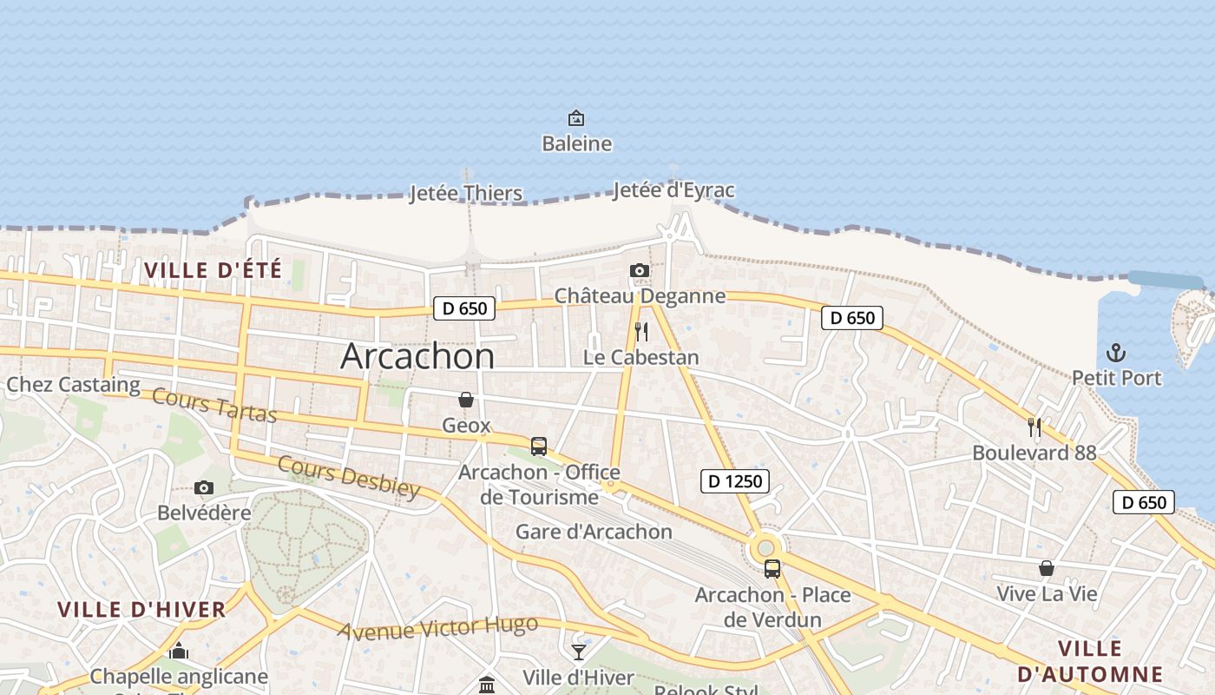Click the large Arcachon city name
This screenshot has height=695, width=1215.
click(417, 356)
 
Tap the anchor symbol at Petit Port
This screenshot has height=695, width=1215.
click(1116, 353)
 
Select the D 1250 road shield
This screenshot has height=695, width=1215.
click(735, 480)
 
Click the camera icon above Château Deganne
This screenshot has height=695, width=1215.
click(640, 271)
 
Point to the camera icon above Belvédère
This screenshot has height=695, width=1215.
click(204, 488)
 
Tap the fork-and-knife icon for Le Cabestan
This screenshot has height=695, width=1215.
click(641, 331)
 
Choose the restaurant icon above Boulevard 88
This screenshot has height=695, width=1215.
click(1034, 427)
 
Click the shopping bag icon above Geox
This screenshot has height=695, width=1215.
click(466, 400)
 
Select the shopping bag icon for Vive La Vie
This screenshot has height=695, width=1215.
click(1047, 568)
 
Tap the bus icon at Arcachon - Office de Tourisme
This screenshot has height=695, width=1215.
click(539, 447)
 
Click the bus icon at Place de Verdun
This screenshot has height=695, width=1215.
click(772, 569)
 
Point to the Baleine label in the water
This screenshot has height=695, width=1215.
click(577, 143)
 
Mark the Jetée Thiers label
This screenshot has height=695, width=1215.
click(466, 193)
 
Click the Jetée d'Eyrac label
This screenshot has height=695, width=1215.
click(674, 190)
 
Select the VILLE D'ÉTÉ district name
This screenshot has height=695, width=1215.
click(213, 270)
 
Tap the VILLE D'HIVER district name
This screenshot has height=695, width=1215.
click(142, 609)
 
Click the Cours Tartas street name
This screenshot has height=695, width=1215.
click(214, 405)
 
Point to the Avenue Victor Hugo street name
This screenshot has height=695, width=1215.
click(437, 627)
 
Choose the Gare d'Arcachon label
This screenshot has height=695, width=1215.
click(594, 532)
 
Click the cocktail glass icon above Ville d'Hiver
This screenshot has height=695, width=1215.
click(579, 652)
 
